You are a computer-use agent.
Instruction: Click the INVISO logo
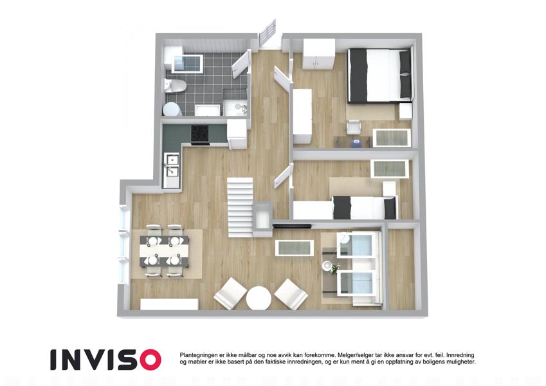click(x=105, y=360)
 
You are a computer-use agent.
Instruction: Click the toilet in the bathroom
click(x=175, y=86)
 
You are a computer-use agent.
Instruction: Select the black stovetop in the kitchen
click(x=200, y=134)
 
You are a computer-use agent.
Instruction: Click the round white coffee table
click(x=259, y=299)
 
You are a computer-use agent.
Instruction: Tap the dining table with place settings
click(x=165, y=251)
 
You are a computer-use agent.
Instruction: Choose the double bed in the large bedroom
click(x=380, y=75)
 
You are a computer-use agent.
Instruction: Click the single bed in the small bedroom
click(x=365, y=208)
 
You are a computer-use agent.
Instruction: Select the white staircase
click(x=241, y=207)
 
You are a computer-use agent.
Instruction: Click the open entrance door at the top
click(x=268, y=34)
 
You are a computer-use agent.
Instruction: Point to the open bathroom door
click(x=241, y=64)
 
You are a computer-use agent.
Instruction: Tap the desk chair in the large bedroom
click(x=354, y=127)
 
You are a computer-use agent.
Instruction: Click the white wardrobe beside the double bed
click(x=318, y=54)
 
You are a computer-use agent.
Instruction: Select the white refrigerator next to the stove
click(x=237, y=134)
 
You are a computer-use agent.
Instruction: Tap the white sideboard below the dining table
click(x=169, y=304)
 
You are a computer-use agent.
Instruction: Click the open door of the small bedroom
click(x=283, y=177)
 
